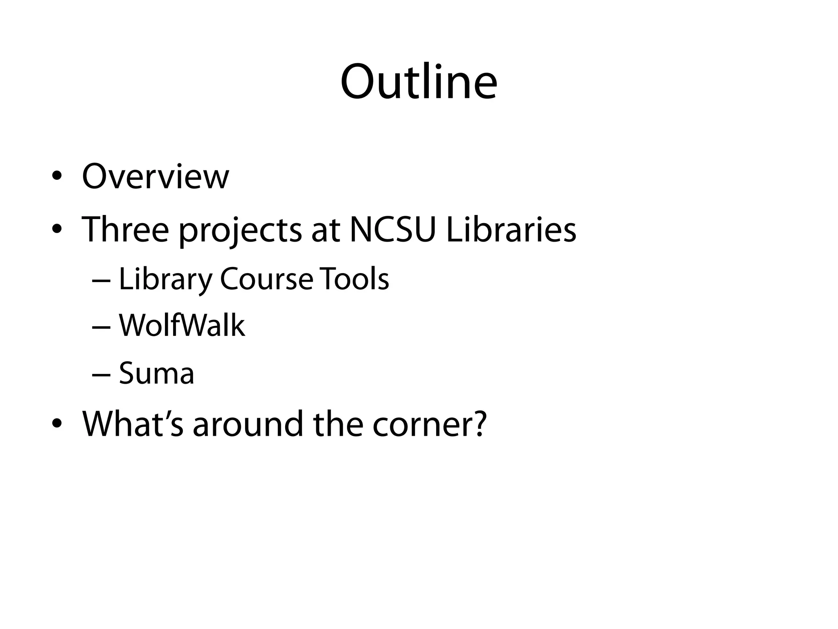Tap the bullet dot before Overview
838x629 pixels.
57,176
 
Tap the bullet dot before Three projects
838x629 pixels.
57,229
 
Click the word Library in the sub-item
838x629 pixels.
165,279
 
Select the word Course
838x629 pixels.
266,279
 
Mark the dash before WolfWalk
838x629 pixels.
101,328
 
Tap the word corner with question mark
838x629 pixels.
429,424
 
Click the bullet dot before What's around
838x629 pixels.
57,424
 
